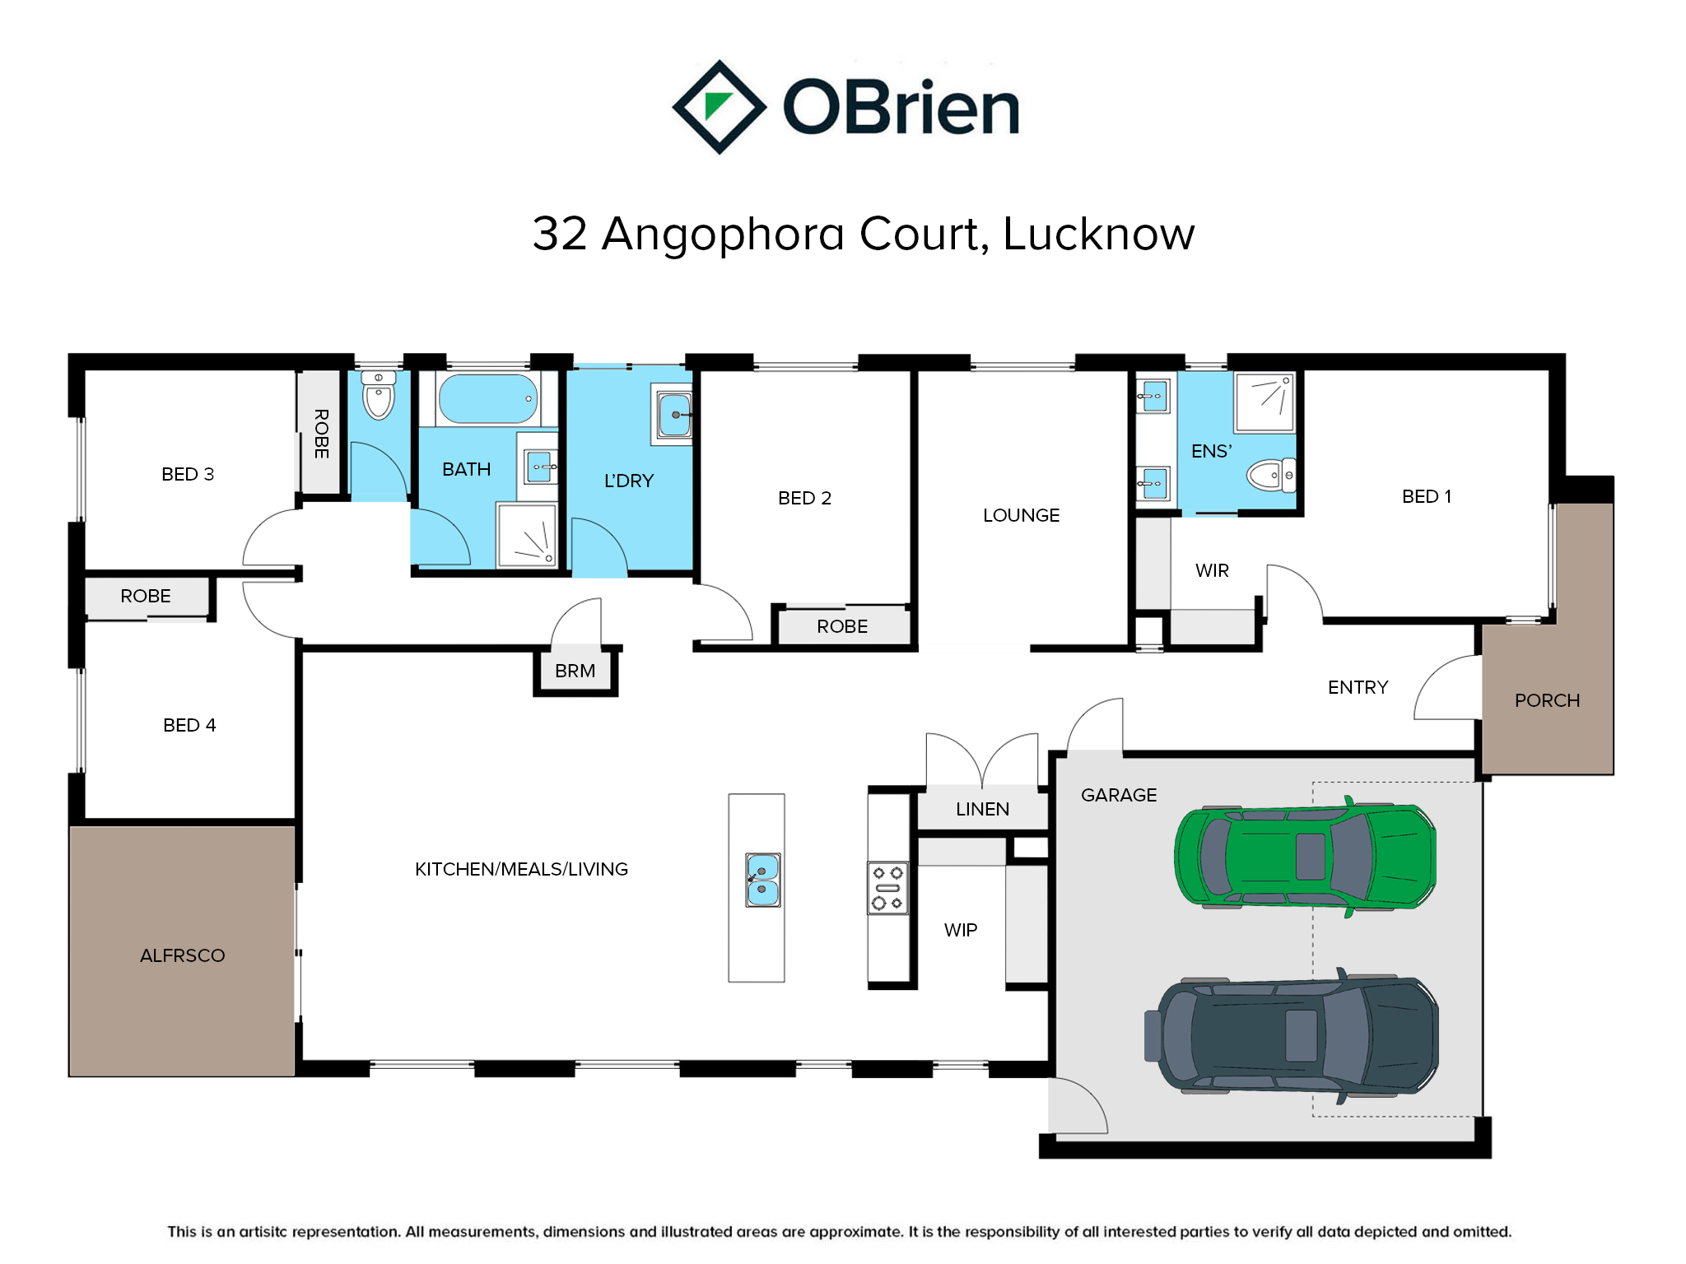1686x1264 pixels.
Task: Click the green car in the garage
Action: tap(1305, 857)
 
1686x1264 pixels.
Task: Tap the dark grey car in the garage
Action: tap(1292, 1035)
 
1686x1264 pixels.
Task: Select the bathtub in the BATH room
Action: tap(488, 399)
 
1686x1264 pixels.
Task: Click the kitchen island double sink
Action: tap(762, 880)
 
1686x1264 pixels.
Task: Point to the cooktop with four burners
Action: tap(887, 888)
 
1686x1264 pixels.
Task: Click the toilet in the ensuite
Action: tap(1270, 475)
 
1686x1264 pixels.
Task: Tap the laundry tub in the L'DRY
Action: tap(674, 415)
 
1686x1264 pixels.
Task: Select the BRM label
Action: tap(575, 671)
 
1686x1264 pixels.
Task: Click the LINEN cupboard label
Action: tap(982, 809)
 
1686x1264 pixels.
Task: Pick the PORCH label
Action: tap(1547, 700)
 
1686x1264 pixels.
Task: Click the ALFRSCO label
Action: tap(182, 955)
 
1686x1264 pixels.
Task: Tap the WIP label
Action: tap(961, 930)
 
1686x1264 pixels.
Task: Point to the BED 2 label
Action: tap(804, 498)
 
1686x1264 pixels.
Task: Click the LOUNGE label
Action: tap(1021, 515)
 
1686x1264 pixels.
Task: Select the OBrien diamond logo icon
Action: tap(720, 107)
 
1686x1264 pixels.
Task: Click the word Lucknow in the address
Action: tap(1098, 234)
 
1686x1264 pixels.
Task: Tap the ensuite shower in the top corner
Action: tap(1264, 402)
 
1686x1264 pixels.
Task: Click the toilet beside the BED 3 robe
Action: tap(379, 395)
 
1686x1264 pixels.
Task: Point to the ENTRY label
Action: tap(1358, 687)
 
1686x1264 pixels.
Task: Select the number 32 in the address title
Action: tap(560, 234)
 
